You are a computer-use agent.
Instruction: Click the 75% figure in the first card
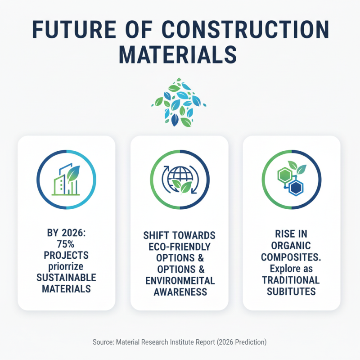tap(66, 244)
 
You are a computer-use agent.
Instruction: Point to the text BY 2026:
tap(66, 234)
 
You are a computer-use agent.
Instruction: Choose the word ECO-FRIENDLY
tap(179, 248)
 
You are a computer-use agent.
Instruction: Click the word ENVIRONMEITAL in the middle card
tap(180, 281)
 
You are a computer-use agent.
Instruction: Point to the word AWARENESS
tap(180, 292)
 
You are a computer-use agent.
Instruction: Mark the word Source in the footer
tap(104, 342)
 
